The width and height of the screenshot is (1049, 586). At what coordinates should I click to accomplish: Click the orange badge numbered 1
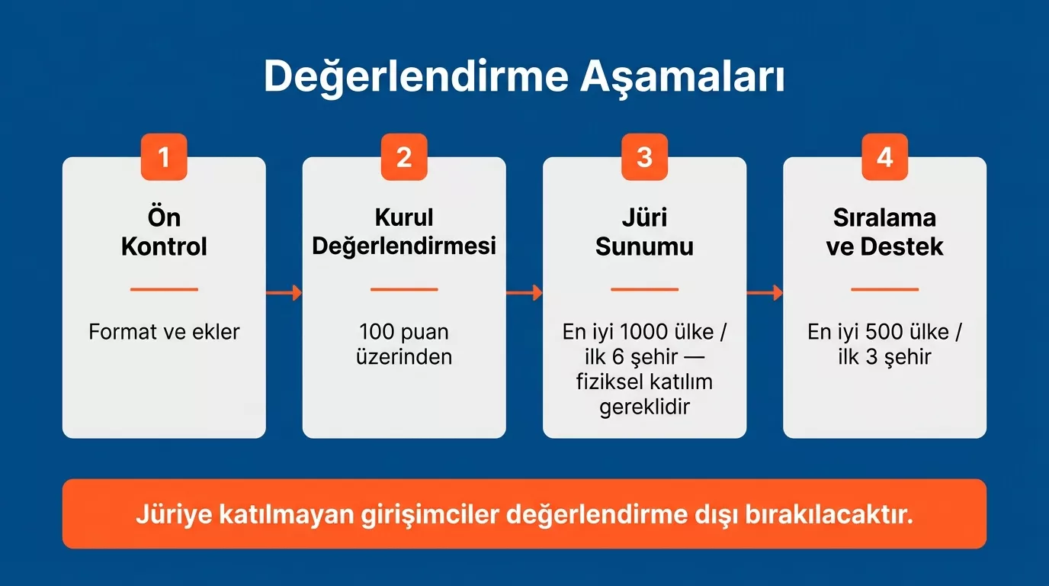click(164, 157)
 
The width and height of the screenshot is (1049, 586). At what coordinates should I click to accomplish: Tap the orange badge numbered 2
click(404, 157)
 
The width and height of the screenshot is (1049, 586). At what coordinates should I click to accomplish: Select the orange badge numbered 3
click(644, 157)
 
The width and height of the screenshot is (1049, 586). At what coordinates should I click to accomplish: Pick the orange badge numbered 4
click(884, 157)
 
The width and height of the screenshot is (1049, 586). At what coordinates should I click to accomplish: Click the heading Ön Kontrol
click(164, 232)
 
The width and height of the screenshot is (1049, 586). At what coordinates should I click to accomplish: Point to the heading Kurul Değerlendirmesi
click(404, 232)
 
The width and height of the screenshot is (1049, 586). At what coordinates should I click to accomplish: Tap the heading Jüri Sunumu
click(644, 232)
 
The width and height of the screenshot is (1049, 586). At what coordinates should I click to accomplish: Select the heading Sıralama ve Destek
click(884, 232)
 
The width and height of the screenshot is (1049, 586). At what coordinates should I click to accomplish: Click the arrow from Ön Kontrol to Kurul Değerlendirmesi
click(284, 293)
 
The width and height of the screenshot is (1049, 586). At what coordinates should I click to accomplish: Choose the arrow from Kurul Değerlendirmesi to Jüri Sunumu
click(524, 293)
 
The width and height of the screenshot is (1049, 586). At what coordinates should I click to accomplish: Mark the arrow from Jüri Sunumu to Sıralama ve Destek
click(765, 293)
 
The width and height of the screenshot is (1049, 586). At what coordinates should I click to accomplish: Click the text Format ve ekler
click(164, 333)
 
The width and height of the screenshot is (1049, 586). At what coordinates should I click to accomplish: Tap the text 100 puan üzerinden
click(404, 344)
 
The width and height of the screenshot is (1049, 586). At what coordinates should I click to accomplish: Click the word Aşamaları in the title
click(682, 78)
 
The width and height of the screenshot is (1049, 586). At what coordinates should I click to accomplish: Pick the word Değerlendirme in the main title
click(417, 78)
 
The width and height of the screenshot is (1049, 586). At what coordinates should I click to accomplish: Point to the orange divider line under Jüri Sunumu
click(644, 290)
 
